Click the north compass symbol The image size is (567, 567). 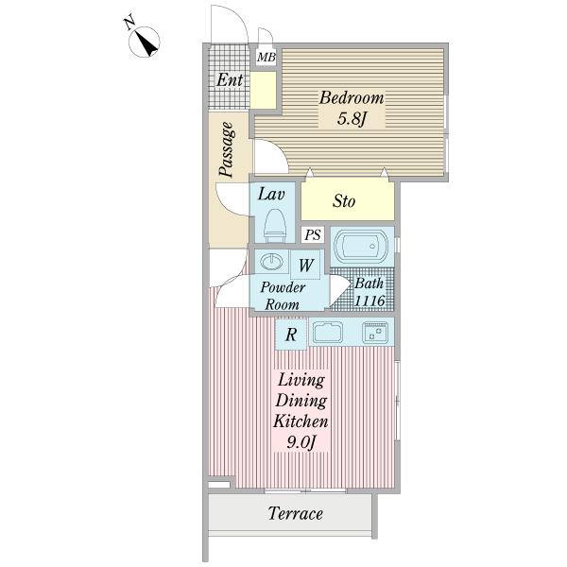pos(145,42)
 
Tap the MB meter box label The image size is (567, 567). pos(266,57)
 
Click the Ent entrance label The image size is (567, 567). pos(230,79)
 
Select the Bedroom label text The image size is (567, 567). pos(352,98)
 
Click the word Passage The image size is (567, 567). pos(228,149)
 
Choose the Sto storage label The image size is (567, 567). pos(344,201)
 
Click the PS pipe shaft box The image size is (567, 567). pos(313,234)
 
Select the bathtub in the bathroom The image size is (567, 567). pos(361,246)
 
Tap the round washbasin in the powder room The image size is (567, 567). pos(271,261)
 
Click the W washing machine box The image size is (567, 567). pos(305,265)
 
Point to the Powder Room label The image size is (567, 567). pos(283,296)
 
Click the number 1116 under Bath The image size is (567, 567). pos(369,301)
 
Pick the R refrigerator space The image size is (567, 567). pos(291,335)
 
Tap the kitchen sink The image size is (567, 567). pos(328,332)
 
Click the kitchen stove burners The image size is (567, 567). pos(375,332)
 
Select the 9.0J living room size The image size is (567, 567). pos(301,442)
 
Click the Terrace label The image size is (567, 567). pos(296,513)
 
